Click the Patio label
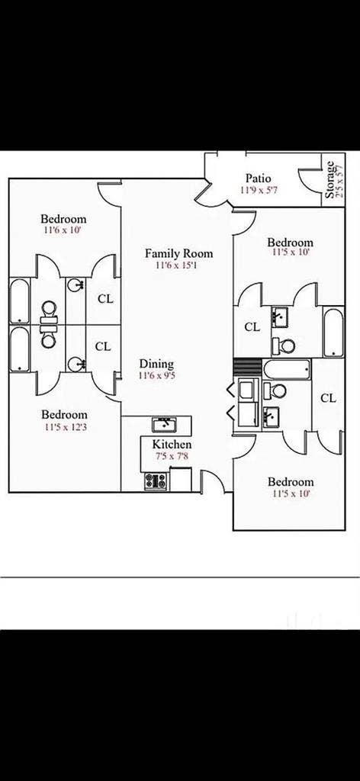coord(258,178)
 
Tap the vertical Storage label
coord(329,181)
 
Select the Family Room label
coord(178,254)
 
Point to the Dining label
coord(156,364)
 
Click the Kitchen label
coord(172,445)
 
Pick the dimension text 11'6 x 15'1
coord(178,266)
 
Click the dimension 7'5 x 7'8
coord(172,456)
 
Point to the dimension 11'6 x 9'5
coord(156,375)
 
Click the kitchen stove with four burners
coord(156,480)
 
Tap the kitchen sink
coord(165,423)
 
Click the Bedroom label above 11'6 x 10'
coord(63,219)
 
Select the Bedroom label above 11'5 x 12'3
coord(64,414)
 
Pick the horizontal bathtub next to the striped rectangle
coord(287,370)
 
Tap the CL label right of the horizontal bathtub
coord(328,397)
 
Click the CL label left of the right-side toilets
coord(252,326)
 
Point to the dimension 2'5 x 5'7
coord(339,181)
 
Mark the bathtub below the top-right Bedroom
coord(334,332)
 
